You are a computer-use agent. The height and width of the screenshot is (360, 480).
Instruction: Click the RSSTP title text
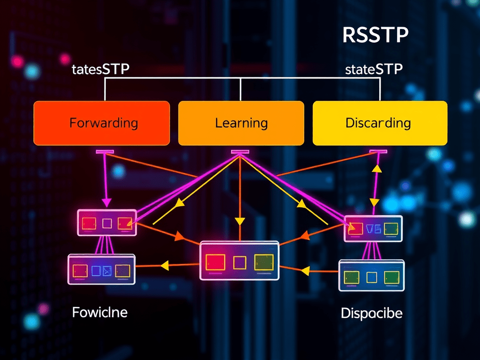click(375, 36)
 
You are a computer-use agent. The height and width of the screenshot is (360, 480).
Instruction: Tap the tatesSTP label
click(100, 70)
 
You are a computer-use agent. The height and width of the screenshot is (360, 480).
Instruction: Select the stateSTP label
click(374, 70)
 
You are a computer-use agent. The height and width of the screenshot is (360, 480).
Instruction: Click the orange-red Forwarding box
click(102, 123)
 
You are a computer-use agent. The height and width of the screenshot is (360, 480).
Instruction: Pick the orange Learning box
click(241, 123)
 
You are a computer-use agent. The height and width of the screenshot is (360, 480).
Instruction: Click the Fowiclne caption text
click(100, 312)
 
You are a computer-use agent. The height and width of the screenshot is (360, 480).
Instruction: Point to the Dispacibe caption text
click(371, 313)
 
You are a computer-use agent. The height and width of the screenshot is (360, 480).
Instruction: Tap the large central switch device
click(240, 261)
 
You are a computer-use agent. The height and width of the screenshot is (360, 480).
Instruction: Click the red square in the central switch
click(215, 262)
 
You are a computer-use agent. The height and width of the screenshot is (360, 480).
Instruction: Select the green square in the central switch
click(263, 262)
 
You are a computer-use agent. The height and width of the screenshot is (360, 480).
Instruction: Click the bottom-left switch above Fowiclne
click(102, 270)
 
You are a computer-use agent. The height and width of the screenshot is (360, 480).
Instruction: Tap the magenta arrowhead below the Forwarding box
click(106, 202)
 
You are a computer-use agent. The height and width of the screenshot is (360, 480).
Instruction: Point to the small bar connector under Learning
click(240, 151)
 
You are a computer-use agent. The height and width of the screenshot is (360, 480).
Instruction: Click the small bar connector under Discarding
click(378, 151)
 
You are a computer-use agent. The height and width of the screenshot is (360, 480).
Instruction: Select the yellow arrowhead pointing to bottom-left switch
click(164, 266)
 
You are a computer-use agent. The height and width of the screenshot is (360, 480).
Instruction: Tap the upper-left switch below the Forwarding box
click(107, 222)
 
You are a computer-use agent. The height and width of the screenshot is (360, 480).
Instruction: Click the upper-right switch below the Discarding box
click(374, 228)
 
